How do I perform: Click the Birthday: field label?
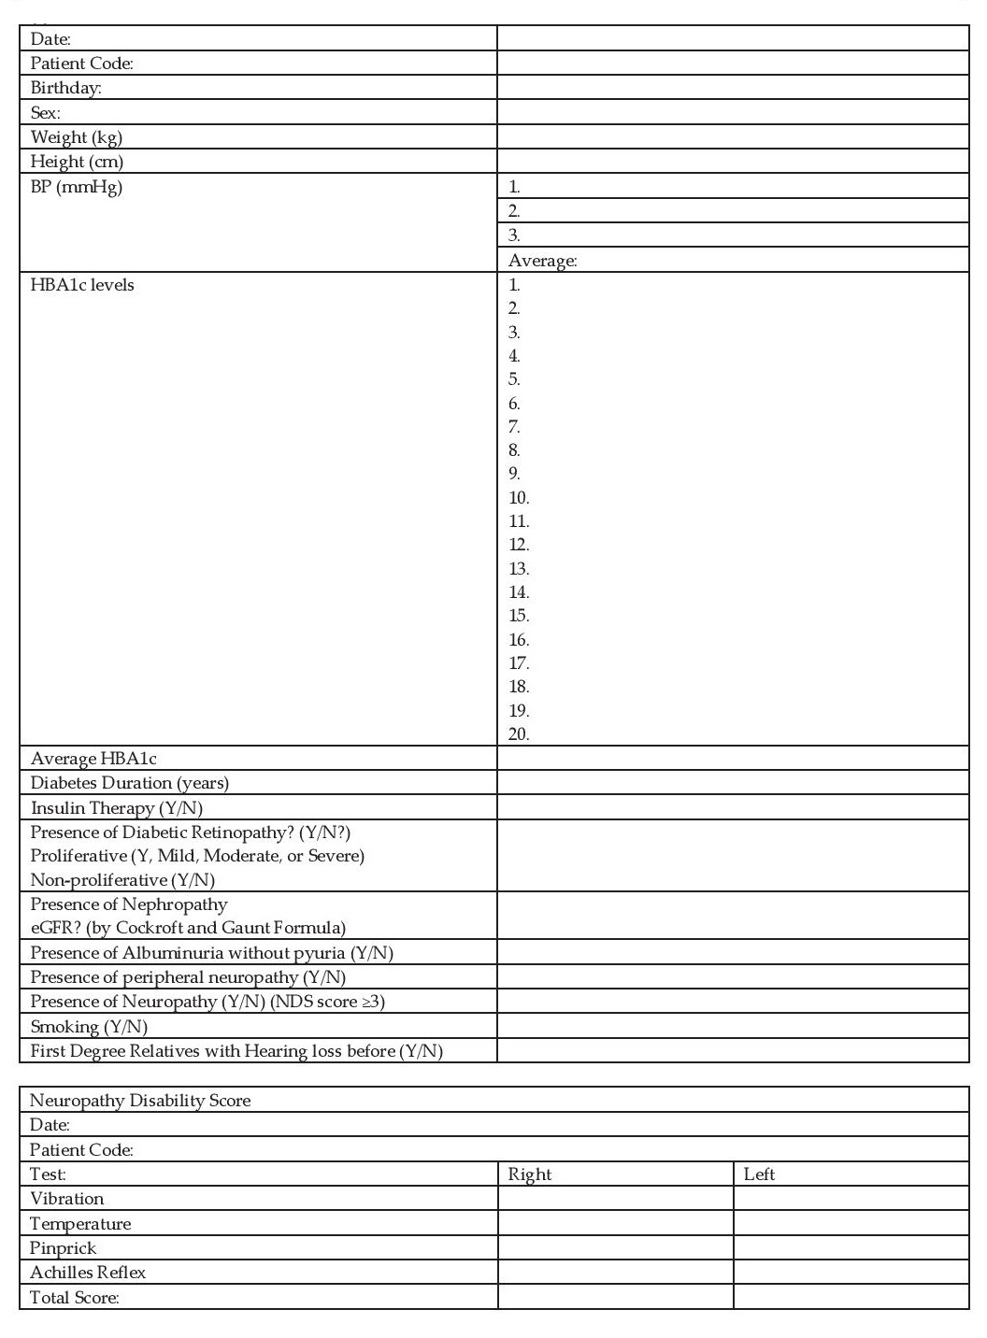tap(65, 88)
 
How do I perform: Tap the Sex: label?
tap(46, 113)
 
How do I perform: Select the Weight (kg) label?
tap(77, 137)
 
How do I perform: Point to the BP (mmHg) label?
tap(77, 187)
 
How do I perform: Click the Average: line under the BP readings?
tap(542, 261)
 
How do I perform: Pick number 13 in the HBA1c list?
tap(519, 569)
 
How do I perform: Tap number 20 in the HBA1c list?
tap(519, 734)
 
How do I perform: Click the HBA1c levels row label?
tap(82, 285)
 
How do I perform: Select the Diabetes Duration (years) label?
tap(129, 783)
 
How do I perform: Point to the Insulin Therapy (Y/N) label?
tap(116, 808)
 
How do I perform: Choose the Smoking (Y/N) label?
tap(89, 1027)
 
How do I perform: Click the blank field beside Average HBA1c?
tap(733, 758)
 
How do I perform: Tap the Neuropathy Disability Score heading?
tap(140, 1101)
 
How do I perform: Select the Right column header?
tap(530, 1174)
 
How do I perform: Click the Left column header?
tap(759, 1174)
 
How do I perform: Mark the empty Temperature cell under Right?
tap(615, 1223)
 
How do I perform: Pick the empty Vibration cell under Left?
tap(851, 1199)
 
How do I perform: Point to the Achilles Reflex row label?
tap(88, 1273)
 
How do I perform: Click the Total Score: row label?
tap(75, 1297)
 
